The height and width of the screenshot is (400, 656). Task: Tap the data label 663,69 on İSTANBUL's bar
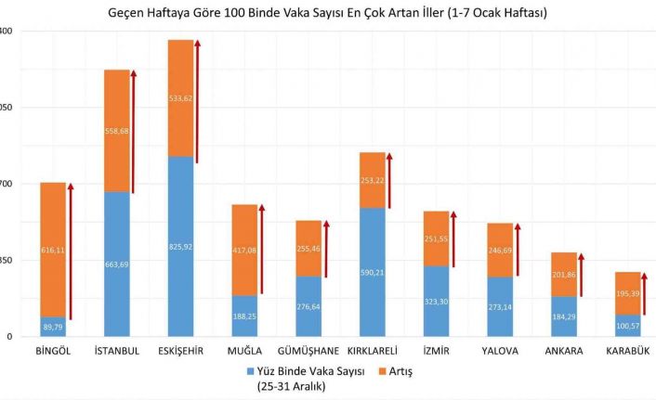117,265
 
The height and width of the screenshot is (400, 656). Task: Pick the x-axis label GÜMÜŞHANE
308,351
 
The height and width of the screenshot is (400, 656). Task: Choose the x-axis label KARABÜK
628,351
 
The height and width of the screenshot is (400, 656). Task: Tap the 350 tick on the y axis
7,261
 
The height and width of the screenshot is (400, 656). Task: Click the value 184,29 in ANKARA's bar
564,316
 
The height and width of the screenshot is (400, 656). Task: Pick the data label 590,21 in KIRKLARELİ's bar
372,272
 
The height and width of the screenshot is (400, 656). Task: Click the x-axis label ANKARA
564,351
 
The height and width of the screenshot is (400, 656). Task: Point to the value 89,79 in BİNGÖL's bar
53,327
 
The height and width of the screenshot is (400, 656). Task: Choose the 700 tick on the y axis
7,184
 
